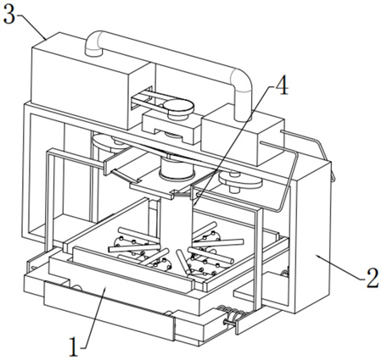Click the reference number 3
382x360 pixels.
(x=8, y=14)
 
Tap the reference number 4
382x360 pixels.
(x=282, y=86)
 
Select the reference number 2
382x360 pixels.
(x=373, y=278)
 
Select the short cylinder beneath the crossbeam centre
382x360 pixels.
(x=177, y=169)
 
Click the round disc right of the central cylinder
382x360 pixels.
(x=240, y=180)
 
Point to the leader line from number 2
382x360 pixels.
(x=340, y=266)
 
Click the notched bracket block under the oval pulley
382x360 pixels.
(x=171, y=126)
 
